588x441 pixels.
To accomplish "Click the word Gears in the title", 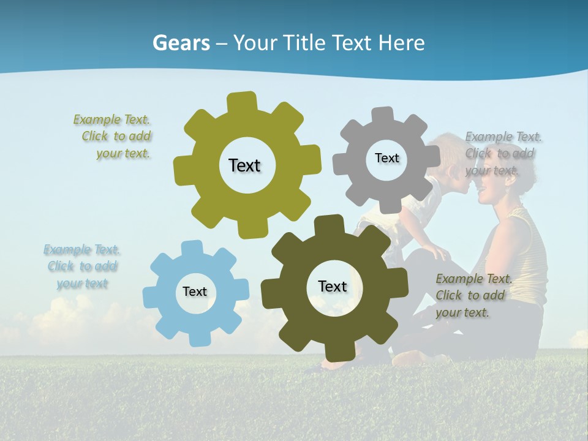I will pos(181,43).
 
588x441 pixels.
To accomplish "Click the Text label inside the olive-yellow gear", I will pos(244,165).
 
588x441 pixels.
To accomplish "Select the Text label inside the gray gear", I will pos(386,158).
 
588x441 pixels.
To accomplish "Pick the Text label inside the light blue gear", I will pos(195,292).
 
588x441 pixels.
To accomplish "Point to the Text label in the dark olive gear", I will pos(333,286).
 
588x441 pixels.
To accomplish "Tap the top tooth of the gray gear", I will pos(383,115).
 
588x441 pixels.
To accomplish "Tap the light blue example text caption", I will pos(82,266).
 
